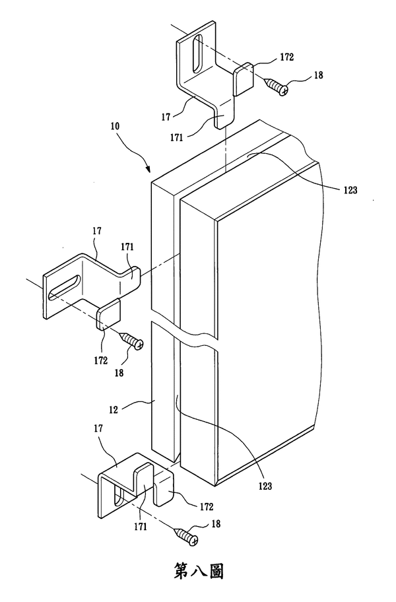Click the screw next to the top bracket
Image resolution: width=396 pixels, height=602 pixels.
point(278,86)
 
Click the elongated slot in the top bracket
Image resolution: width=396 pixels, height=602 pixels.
point(197,53)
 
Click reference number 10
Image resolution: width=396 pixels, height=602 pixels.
point(115,126)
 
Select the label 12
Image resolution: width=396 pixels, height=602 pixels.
point(114,410)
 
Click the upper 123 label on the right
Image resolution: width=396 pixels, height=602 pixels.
point(350,189)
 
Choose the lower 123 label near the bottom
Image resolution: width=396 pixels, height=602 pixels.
point(265,486)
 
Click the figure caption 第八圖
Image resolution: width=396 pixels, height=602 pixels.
point(199,571)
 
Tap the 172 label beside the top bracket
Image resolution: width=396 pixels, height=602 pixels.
point(286,57)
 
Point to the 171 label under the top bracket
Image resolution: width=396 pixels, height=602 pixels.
point(176,137)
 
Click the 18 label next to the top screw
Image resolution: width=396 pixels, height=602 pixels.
point(319,75)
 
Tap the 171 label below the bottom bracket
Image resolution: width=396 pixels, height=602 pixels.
point(141,527)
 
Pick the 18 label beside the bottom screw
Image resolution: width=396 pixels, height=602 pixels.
point(216,523)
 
